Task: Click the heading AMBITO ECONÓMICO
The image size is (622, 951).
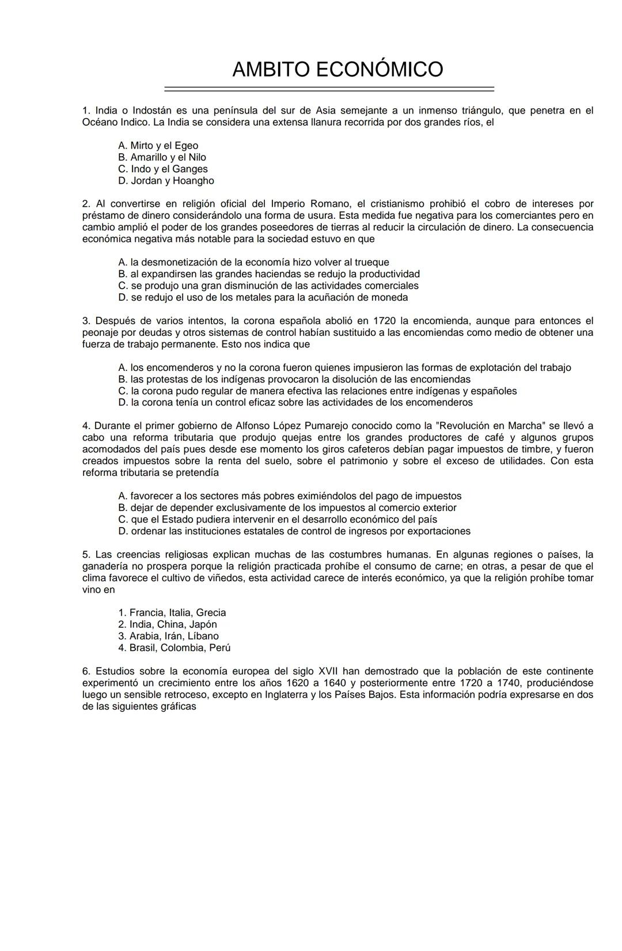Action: pyautogui.click(x=337, y=70)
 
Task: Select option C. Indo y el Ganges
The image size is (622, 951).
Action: pyautogui.click(x=163, y=169)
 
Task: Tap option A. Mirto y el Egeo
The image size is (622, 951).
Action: pyautogui.click(x=158, y=146)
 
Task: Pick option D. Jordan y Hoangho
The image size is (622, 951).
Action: pyautogui.click(x=166, y=181)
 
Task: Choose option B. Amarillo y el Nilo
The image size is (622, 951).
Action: pyautogui.click(x=162, y=157)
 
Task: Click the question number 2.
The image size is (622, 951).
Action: pyautogui.click(x=86, y=204)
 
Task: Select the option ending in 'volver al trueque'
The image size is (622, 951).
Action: pyautogui.click(x=253, y=263)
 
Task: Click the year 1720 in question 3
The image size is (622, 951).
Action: pyautogui.click(x=384, y=321)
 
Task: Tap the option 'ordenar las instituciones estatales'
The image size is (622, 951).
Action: pyautogui.click(x=294, y=531)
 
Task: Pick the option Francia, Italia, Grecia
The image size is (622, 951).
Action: pyautogui.click(x=172, y=613)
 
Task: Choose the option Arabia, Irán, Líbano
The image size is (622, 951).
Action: pyautogui.click(x=168, y=636)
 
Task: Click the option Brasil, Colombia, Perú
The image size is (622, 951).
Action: pyautogui.click(x=174, y=648)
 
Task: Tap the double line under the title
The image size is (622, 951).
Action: pyautogui.click(x=329, y=89)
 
